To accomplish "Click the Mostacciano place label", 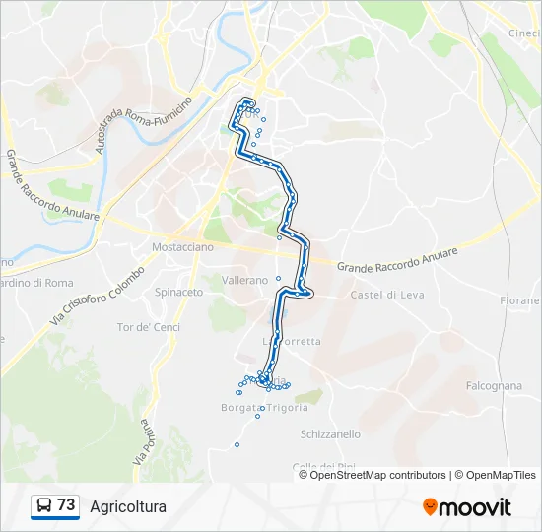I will [x=182, y=247].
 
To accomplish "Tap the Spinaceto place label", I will [x=178, y=292].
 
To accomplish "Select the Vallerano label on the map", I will [x=245, y=280].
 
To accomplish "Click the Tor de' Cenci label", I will [x=149, y=326].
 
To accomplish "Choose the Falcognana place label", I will [x=494, y=386].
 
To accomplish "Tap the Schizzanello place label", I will [x=329, y=433].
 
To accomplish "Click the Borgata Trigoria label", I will [x=266, y=407].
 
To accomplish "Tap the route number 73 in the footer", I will [x=66, y=505].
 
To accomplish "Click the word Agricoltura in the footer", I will [x=128, y=507].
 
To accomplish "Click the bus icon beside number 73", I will [x=43, y=506].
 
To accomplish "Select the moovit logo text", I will [x=475, y=507].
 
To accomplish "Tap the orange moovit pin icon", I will [x=430, y=507].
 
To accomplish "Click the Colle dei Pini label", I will [x=316, y=466].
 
